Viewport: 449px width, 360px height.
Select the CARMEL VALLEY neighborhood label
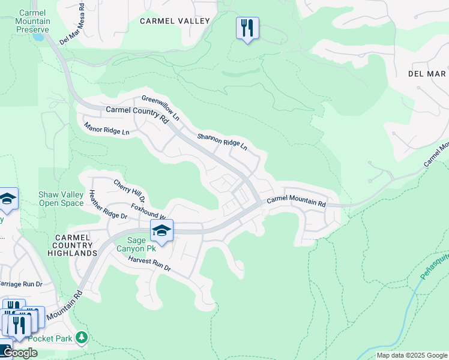click(175, 21)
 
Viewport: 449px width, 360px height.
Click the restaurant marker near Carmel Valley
click(247, 28)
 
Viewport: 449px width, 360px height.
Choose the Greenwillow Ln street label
click(160, 107)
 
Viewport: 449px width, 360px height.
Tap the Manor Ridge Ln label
click(107, 129)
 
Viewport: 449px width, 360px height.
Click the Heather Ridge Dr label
click(109, 204)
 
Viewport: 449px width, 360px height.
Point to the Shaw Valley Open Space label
click(61, 199)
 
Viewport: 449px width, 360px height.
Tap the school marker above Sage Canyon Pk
click(161, 230)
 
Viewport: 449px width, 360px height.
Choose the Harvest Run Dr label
click(149, 264)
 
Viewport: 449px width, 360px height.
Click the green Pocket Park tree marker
click(82, 338)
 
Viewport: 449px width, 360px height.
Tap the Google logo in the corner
click(19, 353)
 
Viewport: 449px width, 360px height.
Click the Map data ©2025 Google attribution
click(412, 355)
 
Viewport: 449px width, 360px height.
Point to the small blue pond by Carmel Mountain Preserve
click(38, 37)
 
